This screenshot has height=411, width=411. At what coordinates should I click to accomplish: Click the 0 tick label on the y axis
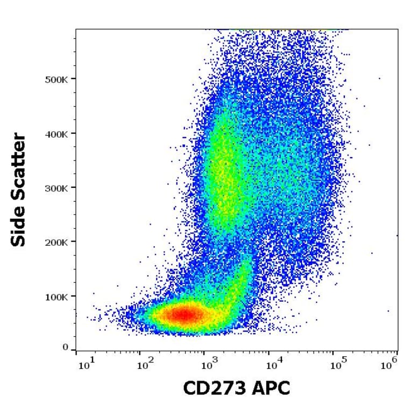[66, 348]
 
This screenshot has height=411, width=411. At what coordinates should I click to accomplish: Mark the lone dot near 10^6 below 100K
[388, 311]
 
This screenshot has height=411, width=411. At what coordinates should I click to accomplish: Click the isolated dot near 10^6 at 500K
[379, 79]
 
